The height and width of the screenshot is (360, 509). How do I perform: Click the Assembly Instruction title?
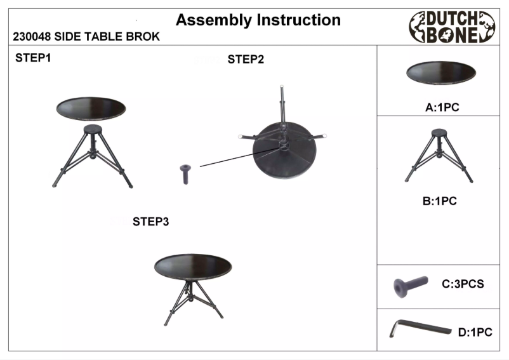[258, 20]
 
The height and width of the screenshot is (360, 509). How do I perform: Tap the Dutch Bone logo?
[452, 27]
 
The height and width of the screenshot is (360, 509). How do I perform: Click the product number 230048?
[32, 37]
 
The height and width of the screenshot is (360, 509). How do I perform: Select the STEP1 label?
[33, 58]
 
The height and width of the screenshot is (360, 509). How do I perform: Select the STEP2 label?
[246, 60]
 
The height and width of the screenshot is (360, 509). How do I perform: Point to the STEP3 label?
[150, 222]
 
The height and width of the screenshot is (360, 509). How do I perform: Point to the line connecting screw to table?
[235, 157]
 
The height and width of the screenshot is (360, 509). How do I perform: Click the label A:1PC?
[442, 108]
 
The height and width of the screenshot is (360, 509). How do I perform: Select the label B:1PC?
[440, 201]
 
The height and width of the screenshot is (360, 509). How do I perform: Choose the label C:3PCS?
[463, 284]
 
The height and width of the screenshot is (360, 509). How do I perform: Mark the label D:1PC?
[475, 331]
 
